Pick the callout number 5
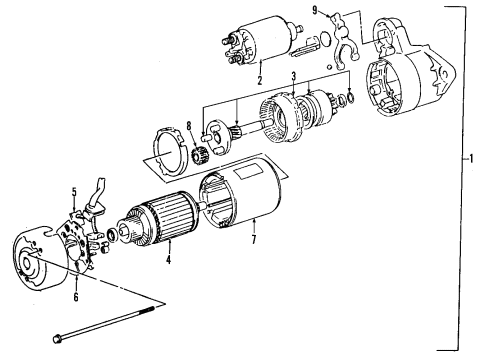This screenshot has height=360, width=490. click(74, 190)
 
